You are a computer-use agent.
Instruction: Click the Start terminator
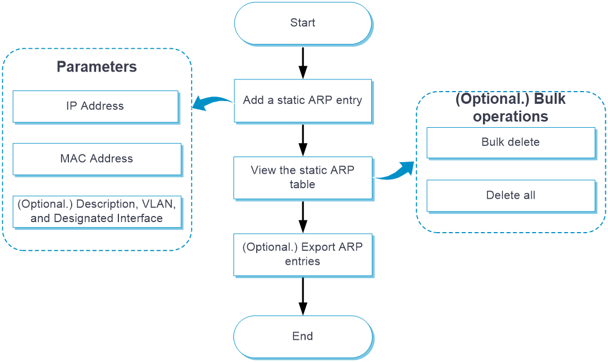pos(303,23)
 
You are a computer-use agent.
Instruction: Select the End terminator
pos(303,336)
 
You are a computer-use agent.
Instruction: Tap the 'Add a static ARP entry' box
pos(303,100)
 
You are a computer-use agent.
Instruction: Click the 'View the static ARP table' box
pos(303,178)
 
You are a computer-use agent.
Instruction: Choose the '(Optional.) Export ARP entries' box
pos(303,255)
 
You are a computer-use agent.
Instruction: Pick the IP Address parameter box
pos(96,107)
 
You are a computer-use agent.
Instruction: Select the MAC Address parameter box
pos(97,159)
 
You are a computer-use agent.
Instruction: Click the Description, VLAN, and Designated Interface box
pos(97,212)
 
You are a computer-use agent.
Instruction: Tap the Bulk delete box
pos(511,143)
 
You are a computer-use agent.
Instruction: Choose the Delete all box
pos(511,195)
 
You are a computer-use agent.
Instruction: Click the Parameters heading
pos(97,67)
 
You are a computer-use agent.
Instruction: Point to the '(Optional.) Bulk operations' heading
pos(510,107)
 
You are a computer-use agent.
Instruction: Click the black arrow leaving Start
pos(303,63)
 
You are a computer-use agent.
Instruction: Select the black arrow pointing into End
pos(303,296)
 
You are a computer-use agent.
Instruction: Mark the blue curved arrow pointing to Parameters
pos(212,101)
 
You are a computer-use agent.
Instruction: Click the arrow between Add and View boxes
pos(303,140)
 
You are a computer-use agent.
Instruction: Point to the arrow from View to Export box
pos(303,217)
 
